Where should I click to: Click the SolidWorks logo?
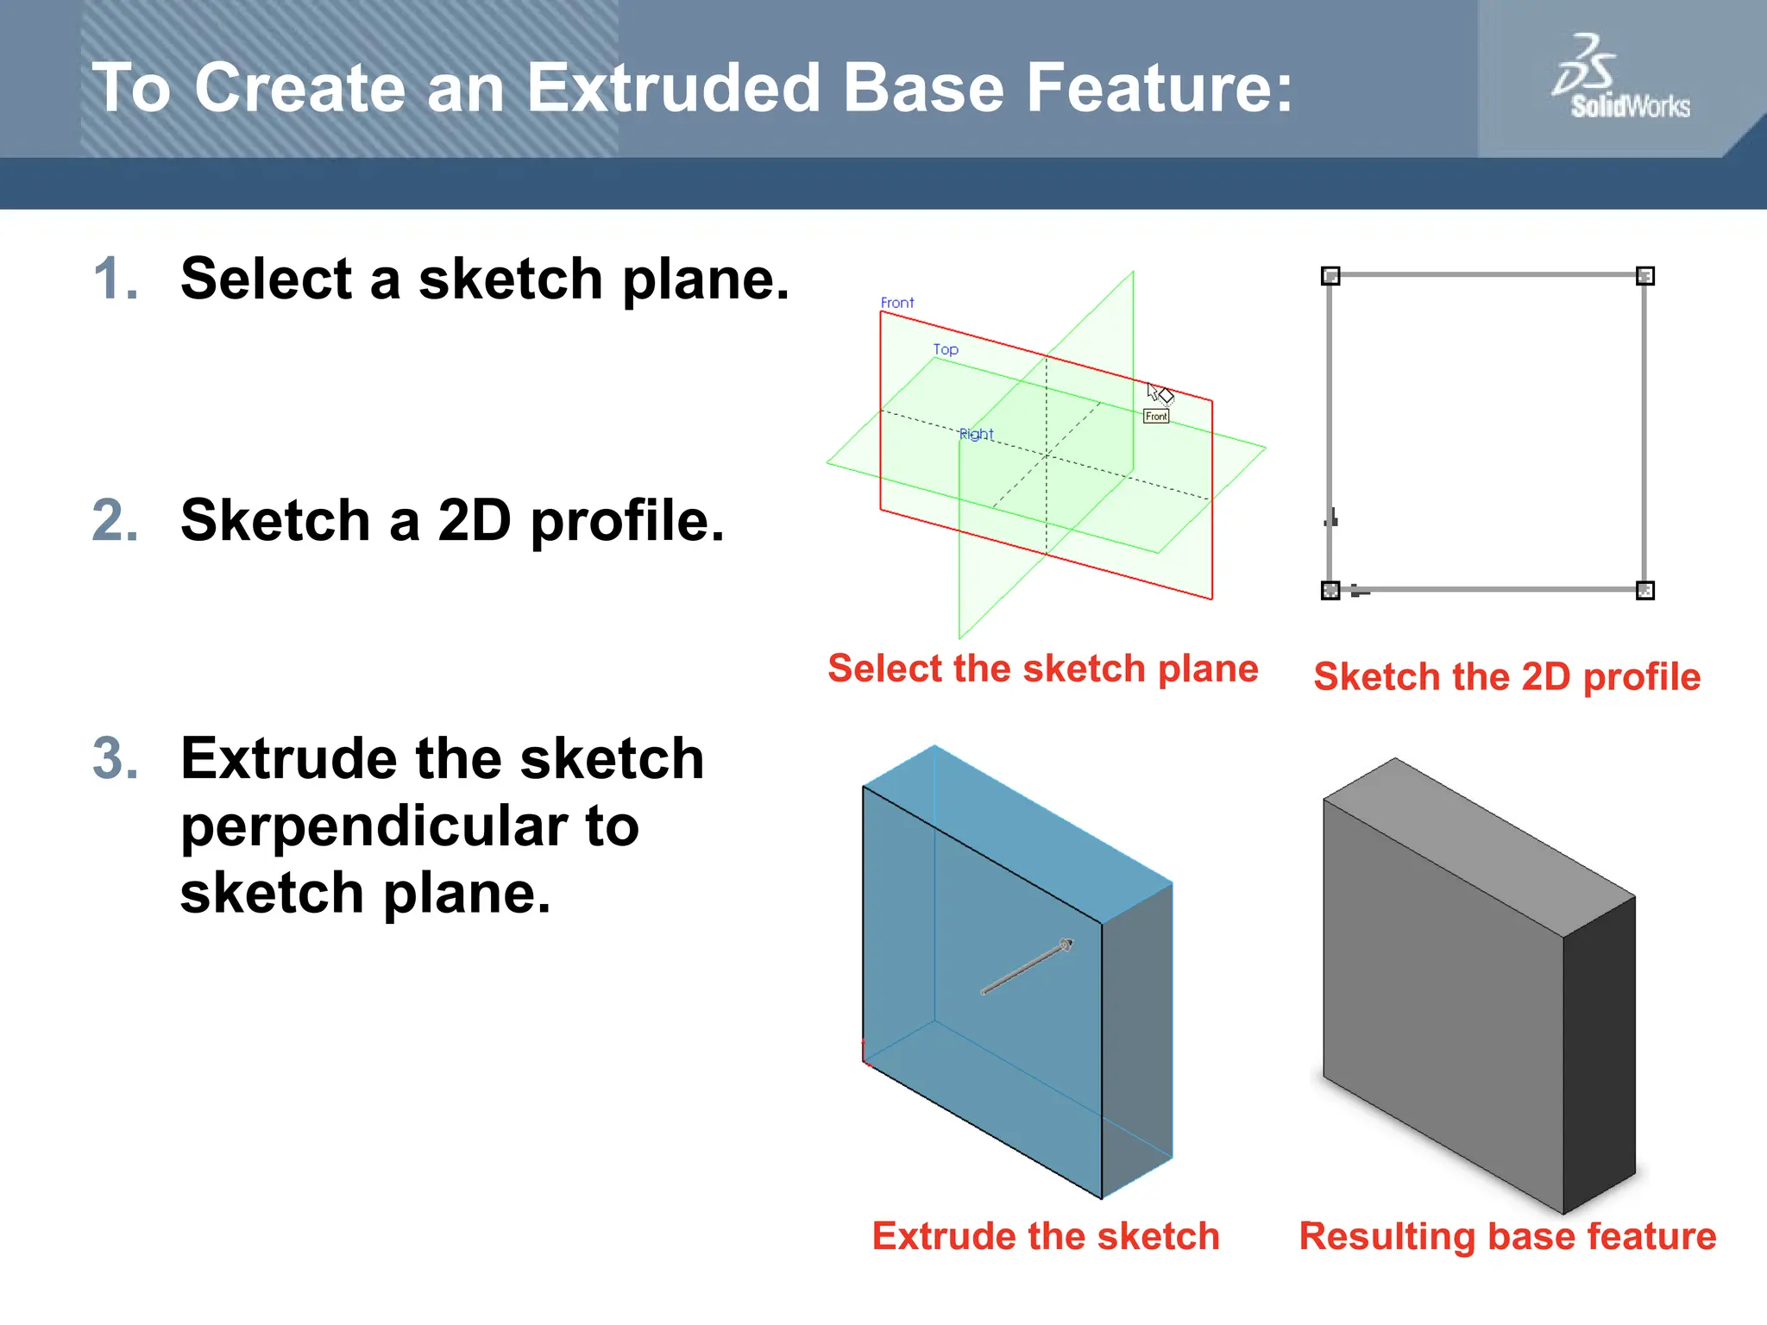[x=1619, y=78]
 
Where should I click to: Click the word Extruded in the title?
[x=674, y=88]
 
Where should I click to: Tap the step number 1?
[x=115, y=279]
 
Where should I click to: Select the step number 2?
[x=115, y=521]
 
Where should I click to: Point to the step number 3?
[x=115, y=759]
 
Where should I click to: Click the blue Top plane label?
[x=946, y=349]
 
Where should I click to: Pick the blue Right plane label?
[x=977, y=434]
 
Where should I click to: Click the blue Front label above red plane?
[x=897, y=303]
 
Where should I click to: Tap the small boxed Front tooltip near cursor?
[x=1156, y=417]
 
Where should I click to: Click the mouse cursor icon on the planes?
[x=1159, y=394]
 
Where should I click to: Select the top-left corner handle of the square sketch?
[x=1330, y=276]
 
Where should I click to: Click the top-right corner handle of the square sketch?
[x=1645, y=276]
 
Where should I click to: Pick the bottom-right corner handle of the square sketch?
[x=1645, y=591]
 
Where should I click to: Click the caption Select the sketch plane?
[x=1042, y=669]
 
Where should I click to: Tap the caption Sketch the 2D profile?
[x=1506, y=677]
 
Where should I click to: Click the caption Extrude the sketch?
[x=1046, y=1236]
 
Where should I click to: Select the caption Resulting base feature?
[x=1507, y=1236]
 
